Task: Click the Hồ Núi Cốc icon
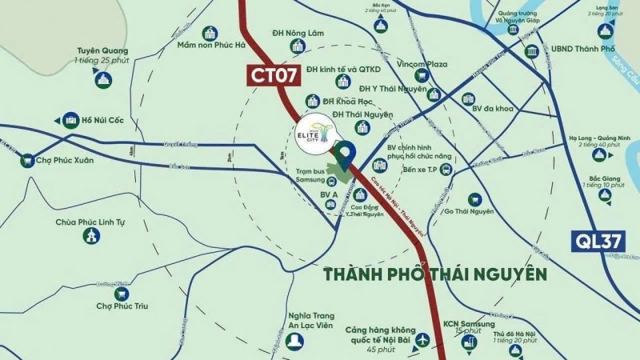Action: [70, 120]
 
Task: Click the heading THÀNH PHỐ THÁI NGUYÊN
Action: [435, 274]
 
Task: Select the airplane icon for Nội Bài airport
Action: [422, 341]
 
